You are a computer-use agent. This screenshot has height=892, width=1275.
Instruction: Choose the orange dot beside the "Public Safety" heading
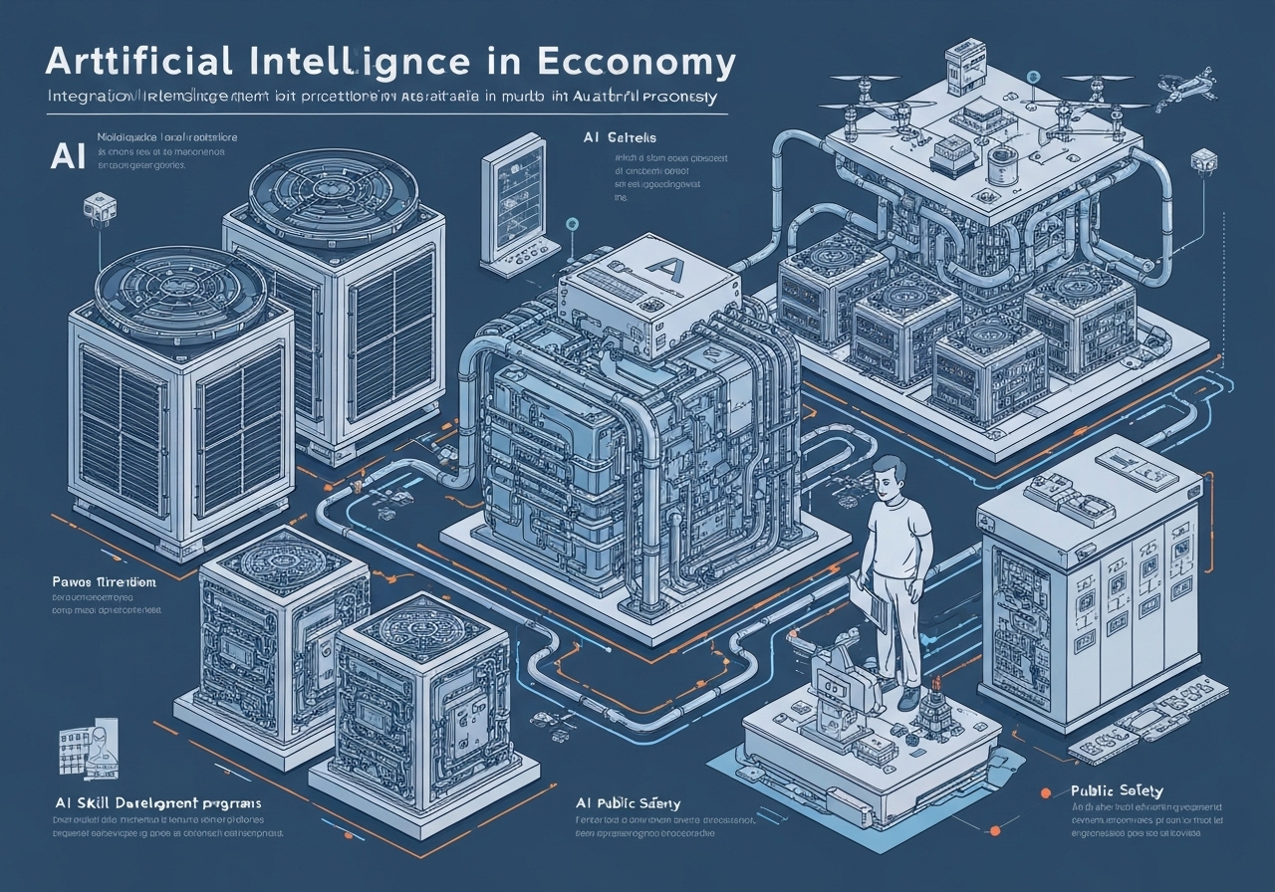(1045, 793)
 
